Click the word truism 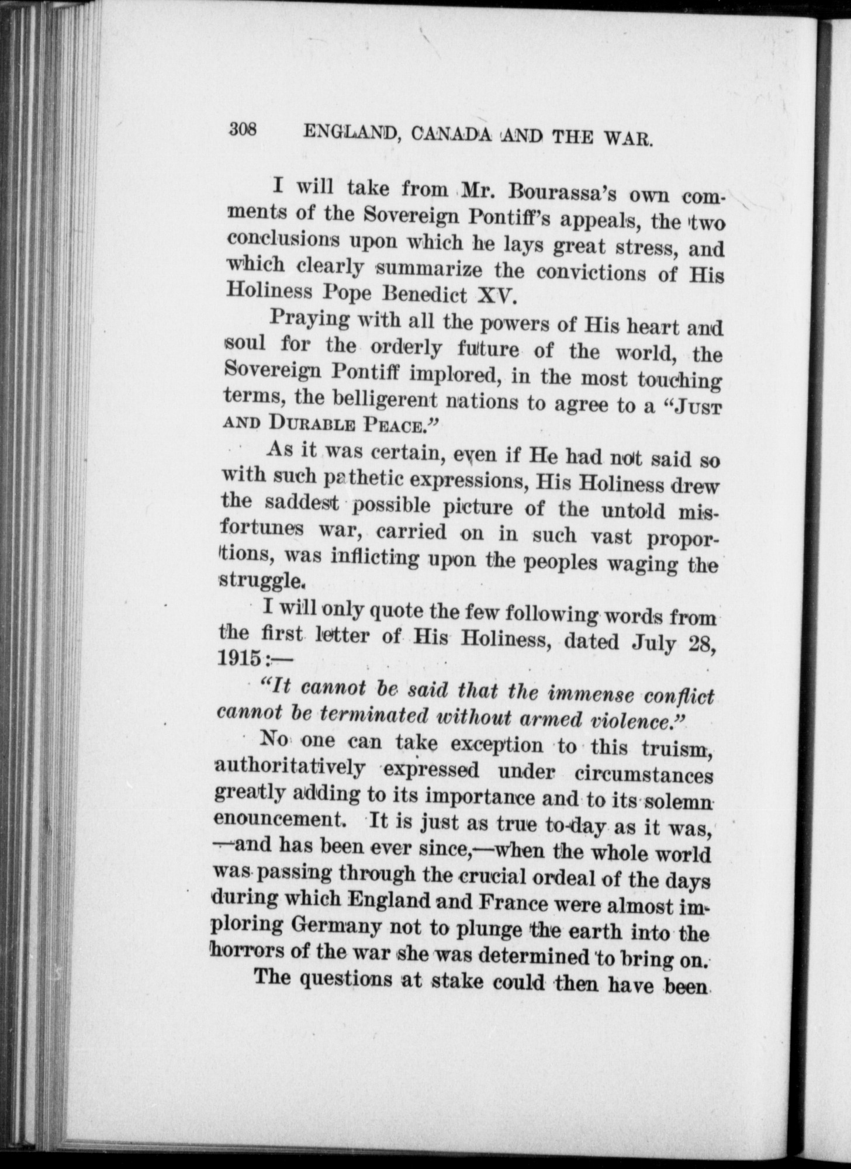675,749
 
